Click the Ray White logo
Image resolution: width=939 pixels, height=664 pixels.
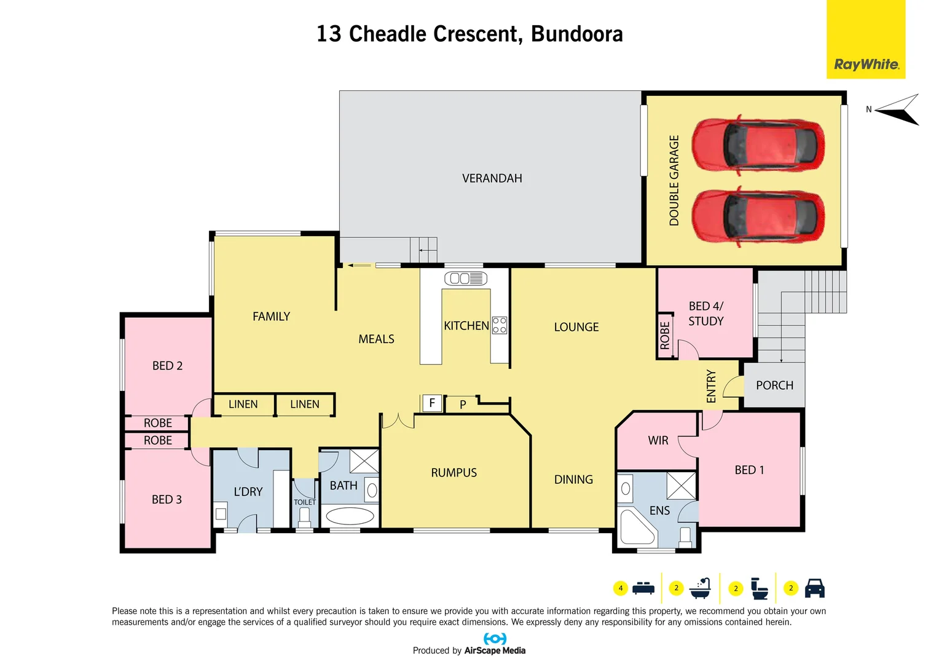[866, 64]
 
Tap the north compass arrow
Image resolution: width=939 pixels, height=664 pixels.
[898, 110]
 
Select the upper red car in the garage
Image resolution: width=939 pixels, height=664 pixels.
[758, 146]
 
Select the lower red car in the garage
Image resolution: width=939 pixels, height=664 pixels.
[758, 217]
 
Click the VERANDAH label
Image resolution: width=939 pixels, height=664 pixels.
[492, 178]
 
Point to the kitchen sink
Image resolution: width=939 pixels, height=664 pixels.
[465, 279]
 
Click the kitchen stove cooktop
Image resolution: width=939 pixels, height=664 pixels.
[500, 325]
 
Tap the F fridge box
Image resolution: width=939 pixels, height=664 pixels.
[432, 403]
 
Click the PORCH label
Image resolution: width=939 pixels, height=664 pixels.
[774, 385]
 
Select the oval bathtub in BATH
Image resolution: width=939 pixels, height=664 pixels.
[350, 515]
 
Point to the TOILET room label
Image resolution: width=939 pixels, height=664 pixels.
[305, 502]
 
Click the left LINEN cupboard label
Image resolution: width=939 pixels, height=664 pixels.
[243, 405]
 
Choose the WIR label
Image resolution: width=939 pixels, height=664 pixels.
[658, 441]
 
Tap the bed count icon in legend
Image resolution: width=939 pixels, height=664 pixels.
[643, 588]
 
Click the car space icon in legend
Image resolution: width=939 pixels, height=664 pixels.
[814, 588]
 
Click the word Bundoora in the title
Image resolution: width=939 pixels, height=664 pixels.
[576, 34]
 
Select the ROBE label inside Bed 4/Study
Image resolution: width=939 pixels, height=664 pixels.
[665, 336]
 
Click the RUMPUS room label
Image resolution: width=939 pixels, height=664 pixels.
[454, 473]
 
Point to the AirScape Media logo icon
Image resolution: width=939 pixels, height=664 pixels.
[495, 639]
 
